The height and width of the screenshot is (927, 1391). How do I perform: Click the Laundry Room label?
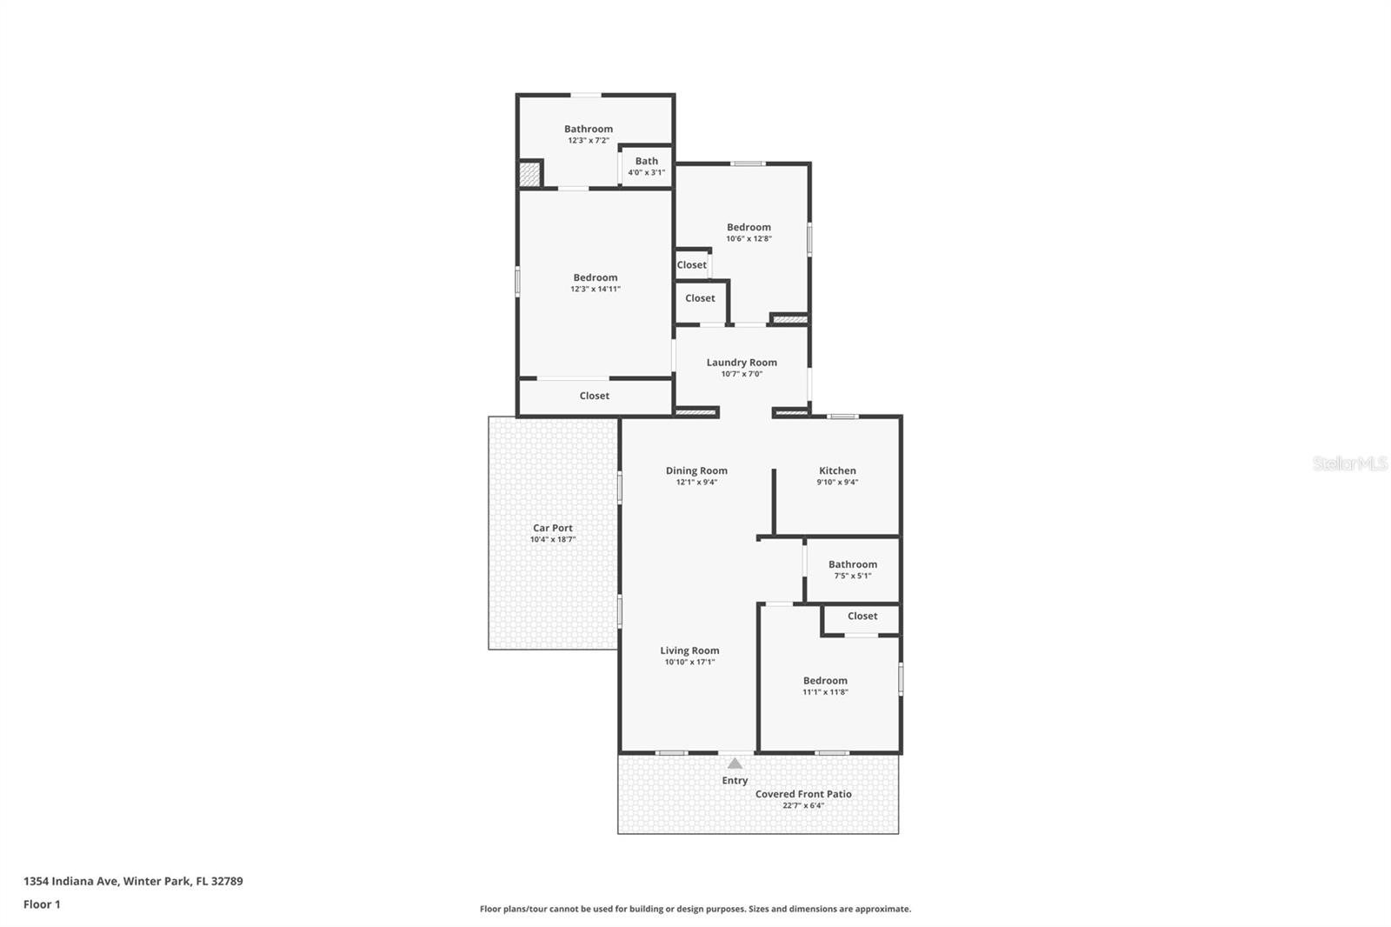tap(742, 363)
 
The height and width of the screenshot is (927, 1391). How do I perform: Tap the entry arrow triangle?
tap(735, 764)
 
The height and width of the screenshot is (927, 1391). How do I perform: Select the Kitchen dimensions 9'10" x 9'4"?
tap(837, 483)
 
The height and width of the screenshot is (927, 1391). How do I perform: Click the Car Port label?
tap(553, 528)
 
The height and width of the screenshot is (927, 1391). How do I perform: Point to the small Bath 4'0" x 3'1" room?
tap(646, 165)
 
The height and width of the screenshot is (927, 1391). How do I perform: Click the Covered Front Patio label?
tap(803, 794)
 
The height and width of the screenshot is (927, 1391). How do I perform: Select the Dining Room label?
tap(696, 470)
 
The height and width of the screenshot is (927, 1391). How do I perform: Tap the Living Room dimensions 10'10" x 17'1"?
tap(689, 663)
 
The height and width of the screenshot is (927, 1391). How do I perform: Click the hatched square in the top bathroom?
tap(529, 173)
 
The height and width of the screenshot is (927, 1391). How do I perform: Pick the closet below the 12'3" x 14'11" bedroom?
tap(595, 396)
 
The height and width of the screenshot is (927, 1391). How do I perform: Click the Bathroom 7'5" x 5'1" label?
tap(853, 564)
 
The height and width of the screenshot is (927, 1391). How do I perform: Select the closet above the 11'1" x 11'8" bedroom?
tap(862, 616)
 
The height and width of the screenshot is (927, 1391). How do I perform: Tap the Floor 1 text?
tap(42, 904)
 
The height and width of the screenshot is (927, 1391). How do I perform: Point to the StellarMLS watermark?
tap(1349, 463)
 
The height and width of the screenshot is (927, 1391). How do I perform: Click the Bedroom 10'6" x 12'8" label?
tap(749, 227)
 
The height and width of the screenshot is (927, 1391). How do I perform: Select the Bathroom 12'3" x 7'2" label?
tap(589, 129)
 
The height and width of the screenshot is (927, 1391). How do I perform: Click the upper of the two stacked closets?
tap(692, 265)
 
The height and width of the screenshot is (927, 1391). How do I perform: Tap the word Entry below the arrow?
tap(735, 781)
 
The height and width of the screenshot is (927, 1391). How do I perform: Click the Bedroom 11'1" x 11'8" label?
tap(825, 681)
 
